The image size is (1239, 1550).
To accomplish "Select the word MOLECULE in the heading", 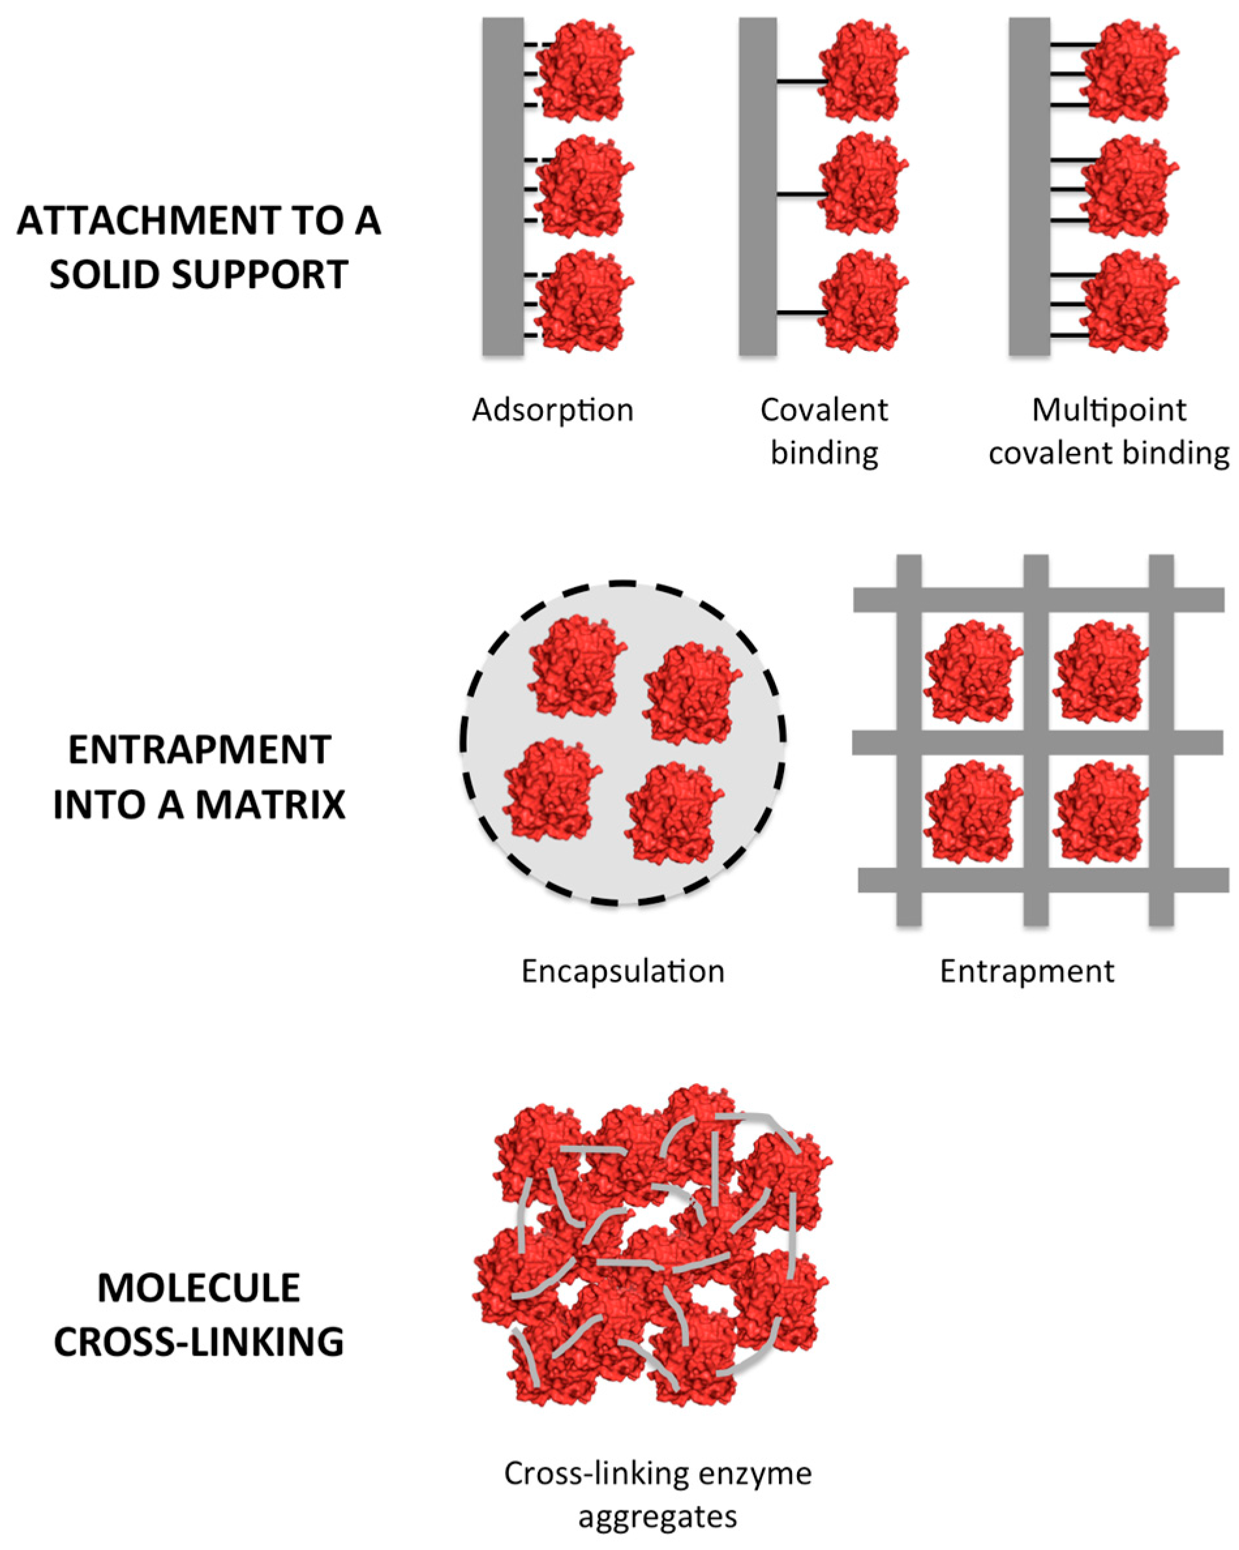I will (x=199, y=1288).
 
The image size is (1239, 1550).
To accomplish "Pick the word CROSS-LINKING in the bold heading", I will (x=199, y=1341).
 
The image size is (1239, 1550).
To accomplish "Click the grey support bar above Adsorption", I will (x=503, y=187).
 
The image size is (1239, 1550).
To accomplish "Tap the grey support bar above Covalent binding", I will (x=757, y=187).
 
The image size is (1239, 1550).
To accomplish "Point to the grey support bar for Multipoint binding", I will (x=1029, y=187).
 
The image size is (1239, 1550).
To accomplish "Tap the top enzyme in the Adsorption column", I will (x=583, y=72).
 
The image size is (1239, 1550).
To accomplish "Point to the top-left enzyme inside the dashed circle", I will (x=573, y=666).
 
